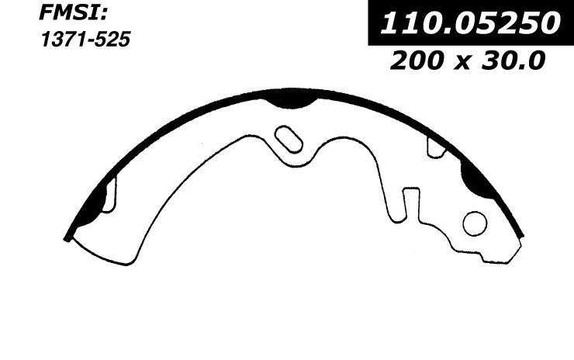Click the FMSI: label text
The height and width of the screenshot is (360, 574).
tap(73, 14)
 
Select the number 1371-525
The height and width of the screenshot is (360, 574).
tap(85, 40)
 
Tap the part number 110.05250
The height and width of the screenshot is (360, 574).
tap(470, 22)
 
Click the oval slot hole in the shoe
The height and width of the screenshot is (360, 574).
tap(289, 139)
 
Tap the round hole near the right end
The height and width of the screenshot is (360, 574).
tap(475, 223)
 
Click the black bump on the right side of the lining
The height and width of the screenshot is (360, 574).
tap(476, 180)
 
